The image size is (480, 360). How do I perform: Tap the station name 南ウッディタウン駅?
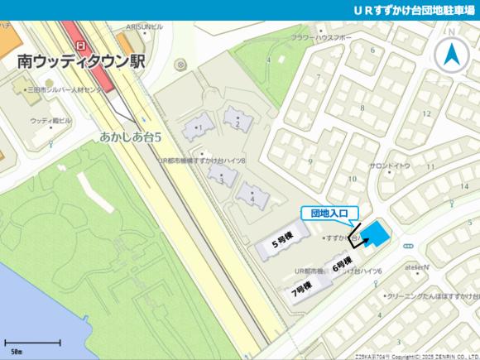80,61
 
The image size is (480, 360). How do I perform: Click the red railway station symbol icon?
80,46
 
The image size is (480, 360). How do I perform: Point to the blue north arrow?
453,55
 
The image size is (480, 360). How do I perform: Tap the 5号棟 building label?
285,244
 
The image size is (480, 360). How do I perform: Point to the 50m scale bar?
32,343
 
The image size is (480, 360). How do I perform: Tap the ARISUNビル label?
144,26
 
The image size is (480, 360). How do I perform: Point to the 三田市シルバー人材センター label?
66,88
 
